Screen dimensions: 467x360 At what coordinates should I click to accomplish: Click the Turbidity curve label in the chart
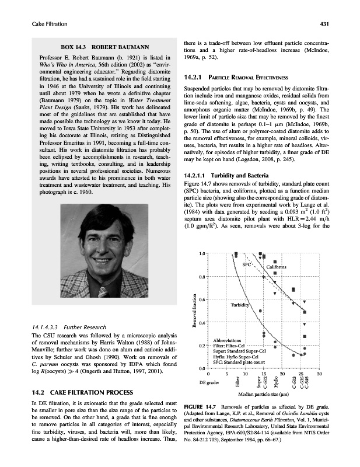click(x=240, y=305)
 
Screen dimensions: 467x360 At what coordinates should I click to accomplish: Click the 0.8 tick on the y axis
click(x=201, y=276)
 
